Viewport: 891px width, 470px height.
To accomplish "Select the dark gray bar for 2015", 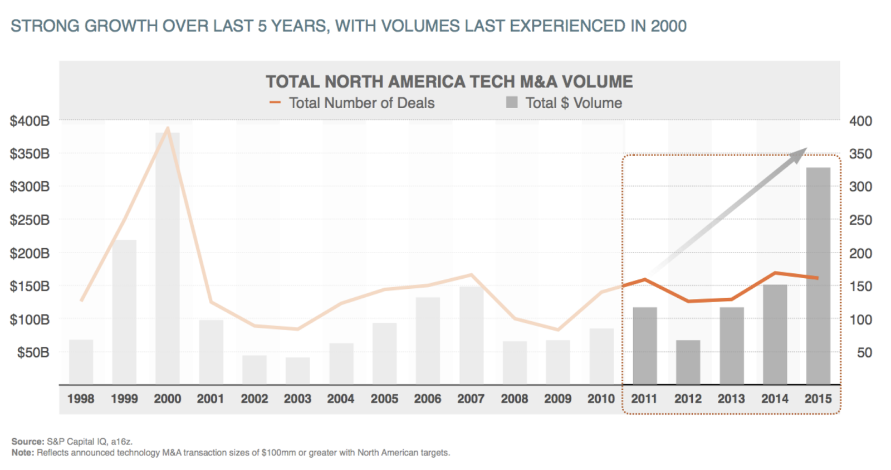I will [818, 276].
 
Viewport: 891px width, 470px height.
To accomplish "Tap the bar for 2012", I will [688, 362].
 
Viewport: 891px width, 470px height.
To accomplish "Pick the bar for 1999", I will [124, 312].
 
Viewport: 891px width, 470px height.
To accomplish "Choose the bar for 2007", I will [471, 335].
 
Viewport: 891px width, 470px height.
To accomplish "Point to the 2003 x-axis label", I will [297, 399].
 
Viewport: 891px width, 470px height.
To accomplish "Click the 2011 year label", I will [644, 399].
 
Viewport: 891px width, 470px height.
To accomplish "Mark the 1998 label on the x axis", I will [81, 399].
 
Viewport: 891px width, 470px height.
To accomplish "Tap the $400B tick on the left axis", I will [30, 121].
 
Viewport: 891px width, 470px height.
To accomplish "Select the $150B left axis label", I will [30, 286].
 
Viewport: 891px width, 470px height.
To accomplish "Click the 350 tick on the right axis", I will [860, 154].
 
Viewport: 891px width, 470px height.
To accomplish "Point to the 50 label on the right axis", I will [864, 352].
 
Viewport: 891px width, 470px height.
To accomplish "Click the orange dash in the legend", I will [275, 103].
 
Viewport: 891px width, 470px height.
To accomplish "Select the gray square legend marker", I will [512, 103].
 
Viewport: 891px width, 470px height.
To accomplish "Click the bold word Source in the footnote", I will [27, 442].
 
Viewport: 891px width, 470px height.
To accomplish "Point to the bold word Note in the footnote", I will [22, 453].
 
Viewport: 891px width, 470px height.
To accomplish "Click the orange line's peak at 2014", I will [775, 273].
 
